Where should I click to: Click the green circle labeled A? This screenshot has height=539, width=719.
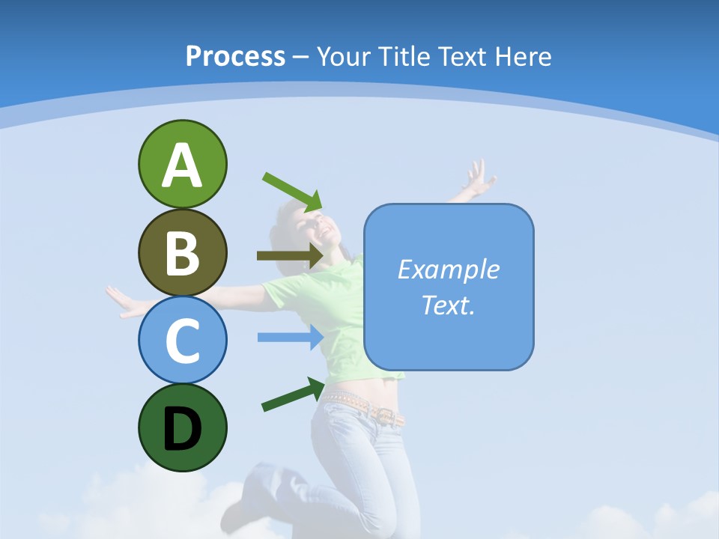tap(182, 164)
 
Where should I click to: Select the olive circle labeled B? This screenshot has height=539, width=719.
tap(182, 252)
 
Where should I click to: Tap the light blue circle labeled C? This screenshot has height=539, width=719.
tap(182, 340)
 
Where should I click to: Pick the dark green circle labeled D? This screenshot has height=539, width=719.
tap(182, 427)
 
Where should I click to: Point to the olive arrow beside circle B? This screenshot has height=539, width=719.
tap(289, 256)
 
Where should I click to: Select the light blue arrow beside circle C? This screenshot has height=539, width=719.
tap(289, 338)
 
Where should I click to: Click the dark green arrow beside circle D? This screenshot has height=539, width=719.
tap(293, 395)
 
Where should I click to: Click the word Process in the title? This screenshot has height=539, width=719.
tap(235, 56)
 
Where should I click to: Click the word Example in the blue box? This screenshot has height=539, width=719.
tap(448, 269)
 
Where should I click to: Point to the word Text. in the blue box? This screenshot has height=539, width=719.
tap(448, 305)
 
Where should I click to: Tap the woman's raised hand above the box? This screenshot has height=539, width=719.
tap(477, 180)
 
